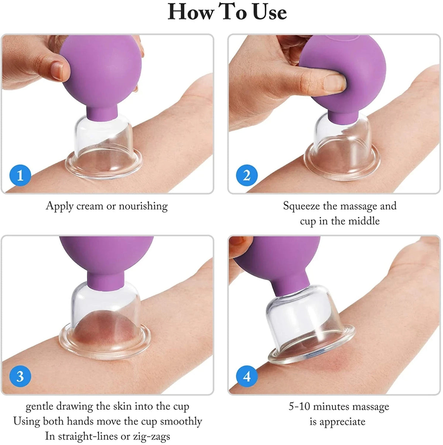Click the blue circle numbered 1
(20, 175)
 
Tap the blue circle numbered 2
(247, 175)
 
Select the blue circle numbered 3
(20, 376)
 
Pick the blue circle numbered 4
(247, 376)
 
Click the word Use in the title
(270, 12)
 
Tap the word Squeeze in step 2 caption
(302, 206)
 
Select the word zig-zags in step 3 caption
(151, 436)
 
